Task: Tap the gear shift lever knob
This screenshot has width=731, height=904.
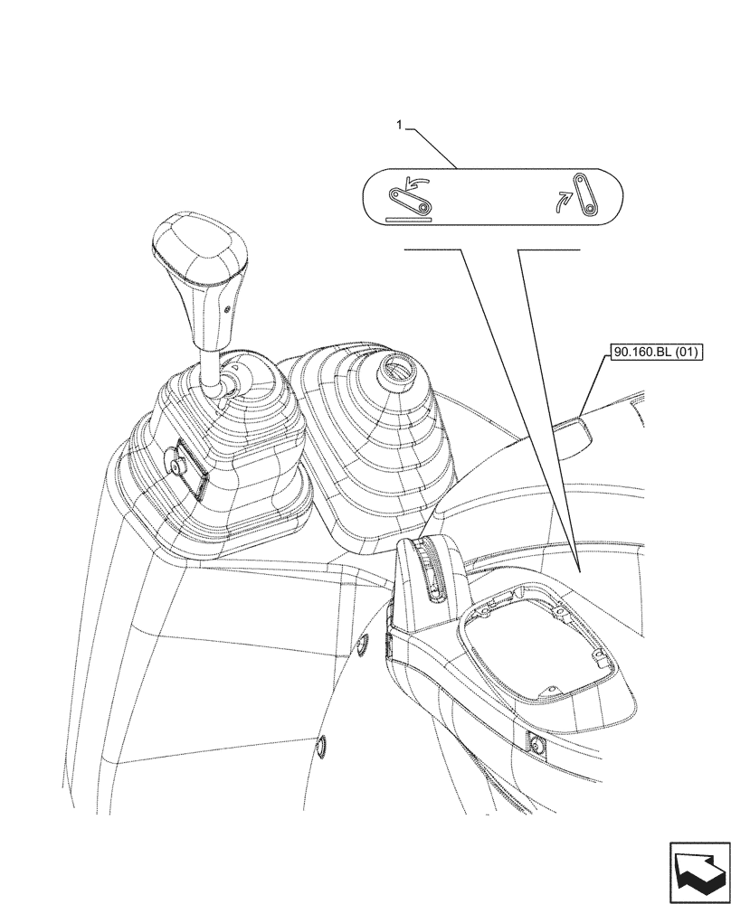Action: pos(200,259)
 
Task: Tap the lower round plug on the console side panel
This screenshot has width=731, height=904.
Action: pos(321,746)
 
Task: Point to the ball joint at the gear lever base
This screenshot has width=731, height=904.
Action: pos(225,383)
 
